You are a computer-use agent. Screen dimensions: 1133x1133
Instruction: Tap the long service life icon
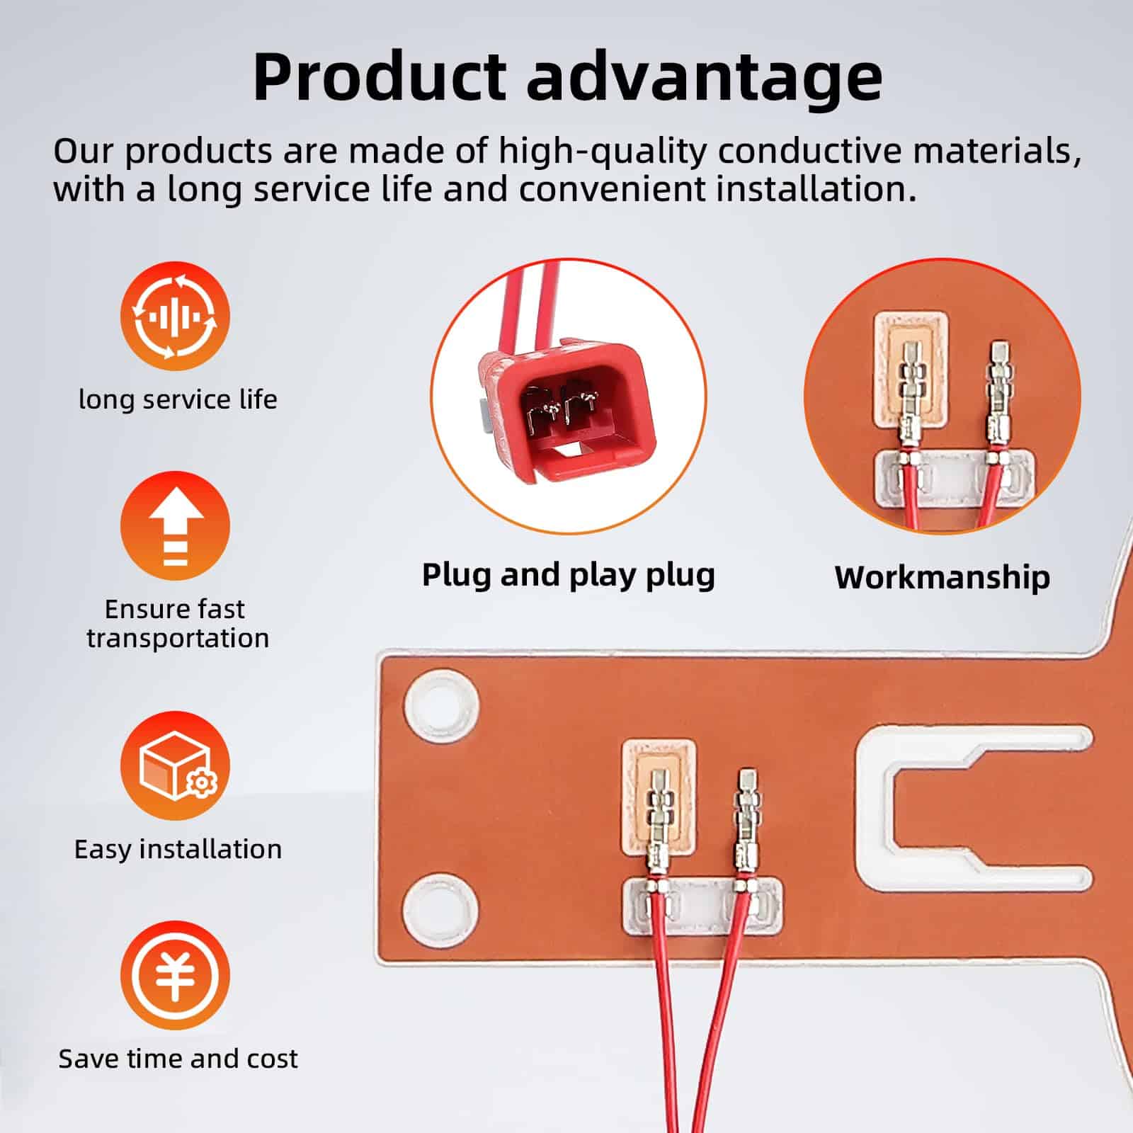point(175,317)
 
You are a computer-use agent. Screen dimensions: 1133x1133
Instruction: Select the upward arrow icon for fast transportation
point(175,526)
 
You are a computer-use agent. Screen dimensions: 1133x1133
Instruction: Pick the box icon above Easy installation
point(175,766)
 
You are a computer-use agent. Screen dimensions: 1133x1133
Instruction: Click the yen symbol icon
point(175,976)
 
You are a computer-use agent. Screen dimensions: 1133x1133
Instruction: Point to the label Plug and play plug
point(569,575)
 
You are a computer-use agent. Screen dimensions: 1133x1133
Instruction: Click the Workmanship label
point(943,578)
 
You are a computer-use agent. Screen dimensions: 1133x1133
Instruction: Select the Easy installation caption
point(178,849)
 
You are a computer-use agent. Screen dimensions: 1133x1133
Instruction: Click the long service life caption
point(178,400)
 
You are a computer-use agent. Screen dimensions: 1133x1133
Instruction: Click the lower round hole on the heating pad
point(441,907)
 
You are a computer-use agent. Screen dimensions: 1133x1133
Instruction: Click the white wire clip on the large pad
point(702,907)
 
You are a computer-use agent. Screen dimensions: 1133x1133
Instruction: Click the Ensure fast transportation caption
point(178,623)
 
